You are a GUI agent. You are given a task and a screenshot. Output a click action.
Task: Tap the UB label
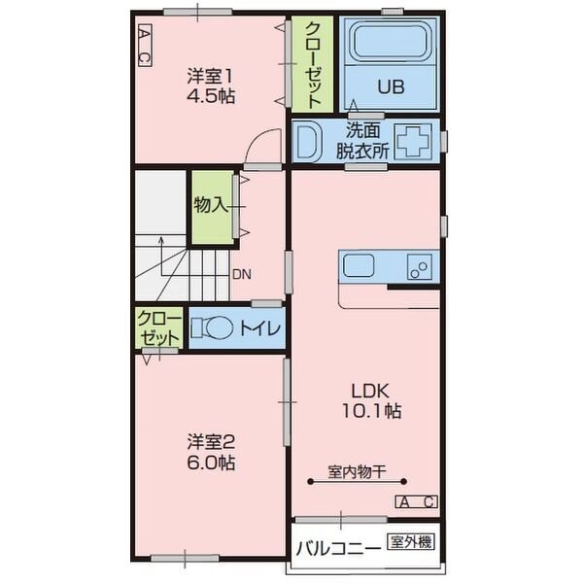pos(391,86)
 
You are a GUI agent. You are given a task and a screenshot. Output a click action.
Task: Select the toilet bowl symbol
pos(213,327)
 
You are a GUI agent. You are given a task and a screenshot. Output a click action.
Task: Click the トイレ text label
pos(259,327)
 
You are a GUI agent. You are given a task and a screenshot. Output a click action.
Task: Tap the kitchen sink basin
pos(359,265)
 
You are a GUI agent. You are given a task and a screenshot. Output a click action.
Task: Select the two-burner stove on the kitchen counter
pos(420,266)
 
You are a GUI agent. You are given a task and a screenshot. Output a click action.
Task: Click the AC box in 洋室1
pos(145,46)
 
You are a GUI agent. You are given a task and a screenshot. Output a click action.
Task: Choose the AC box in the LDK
pos(416,502)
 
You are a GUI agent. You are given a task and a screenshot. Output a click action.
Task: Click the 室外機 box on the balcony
pos(411,542)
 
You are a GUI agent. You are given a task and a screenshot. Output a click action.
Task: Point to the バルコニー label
pos(338,548)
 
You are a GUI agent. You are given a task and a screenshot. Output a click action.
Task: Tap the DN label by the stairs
pos(242,274)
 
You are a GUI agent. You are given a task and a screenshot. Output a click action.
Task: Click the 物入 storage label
pos(211,204)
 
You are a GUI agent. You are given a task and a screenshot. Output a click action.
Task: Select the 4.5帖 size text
pos(211,96)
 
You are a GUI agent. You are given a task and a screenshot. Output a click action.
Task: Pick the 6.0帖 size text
pos(211,463)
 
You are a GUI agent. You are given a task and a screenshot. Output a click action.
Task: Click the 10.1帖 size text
pos(371,411)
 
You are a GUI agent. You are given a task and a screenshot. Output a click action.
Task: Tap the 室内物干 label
pos(357,472)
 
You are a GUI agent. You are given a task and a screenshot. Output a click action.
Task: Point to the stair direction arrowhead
pos(161,239)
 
